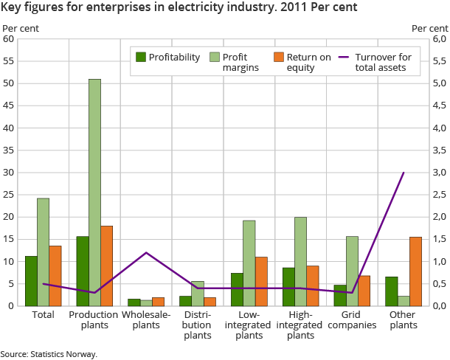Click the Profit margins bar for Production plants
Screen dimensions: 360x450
[x=94, y=193]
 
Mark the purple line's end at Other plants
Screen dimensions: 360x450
[x=404, y=173]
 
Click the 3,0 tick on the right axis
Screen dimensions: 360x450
[x=419, y=173]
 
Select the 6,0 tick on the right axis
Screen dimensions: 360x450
[x=419, y=39]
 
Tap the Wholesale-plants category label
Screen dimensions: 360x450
[x=146, y=320]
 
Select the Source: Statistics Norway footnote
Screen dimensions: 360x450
[x=49, y=354]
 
